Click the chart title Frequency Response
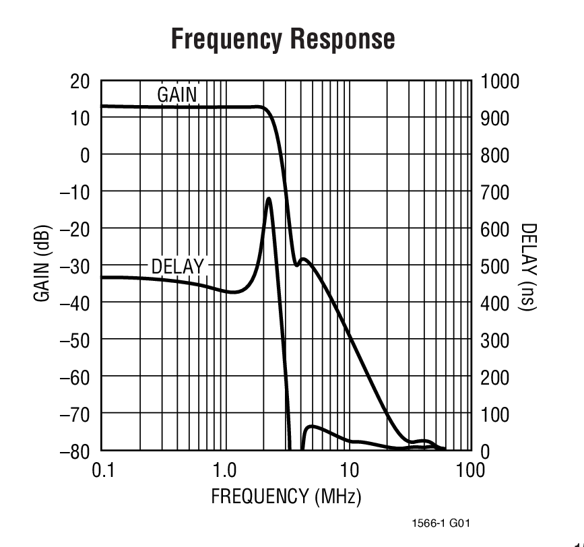(x=283, y=39)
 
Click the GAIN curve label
(x=177, y=95)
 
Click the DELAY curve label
(x=177, y=267)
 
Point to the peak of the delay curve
(x=269, y=199)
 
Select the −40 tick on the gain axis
(x=75, y=303)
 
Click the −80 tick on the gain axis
(x=75, y=451)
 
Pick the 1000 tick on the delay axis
(x=500, y=82)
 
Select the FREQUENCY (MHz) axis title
(x=286, y=498)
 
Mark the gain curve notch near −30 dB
(x=297, y=264)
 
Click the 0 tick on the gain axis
(x=86, y=156)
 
